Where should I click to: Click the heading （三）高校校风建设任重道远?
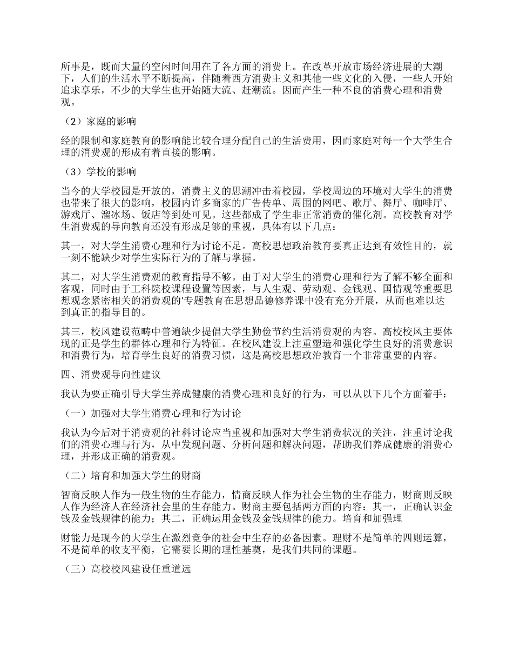[127, 569]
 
